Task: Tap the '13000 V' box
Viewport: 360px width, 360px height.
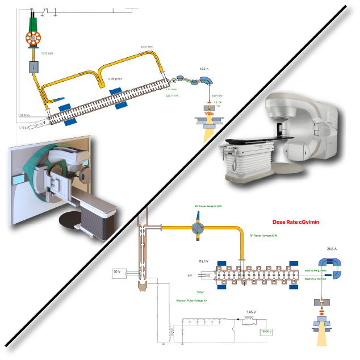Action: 265,331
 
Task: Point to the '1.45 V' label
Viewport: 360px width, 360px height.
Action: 250,312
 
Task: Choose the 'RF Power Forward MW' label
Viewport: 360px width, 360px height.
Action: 263,235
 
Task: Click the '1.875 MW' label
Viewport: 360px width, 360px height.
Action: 47,54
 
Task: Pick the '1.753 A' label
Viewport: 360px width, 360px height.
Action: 23,128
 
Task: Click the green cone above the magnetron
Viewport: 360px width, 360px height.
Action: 32,21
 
